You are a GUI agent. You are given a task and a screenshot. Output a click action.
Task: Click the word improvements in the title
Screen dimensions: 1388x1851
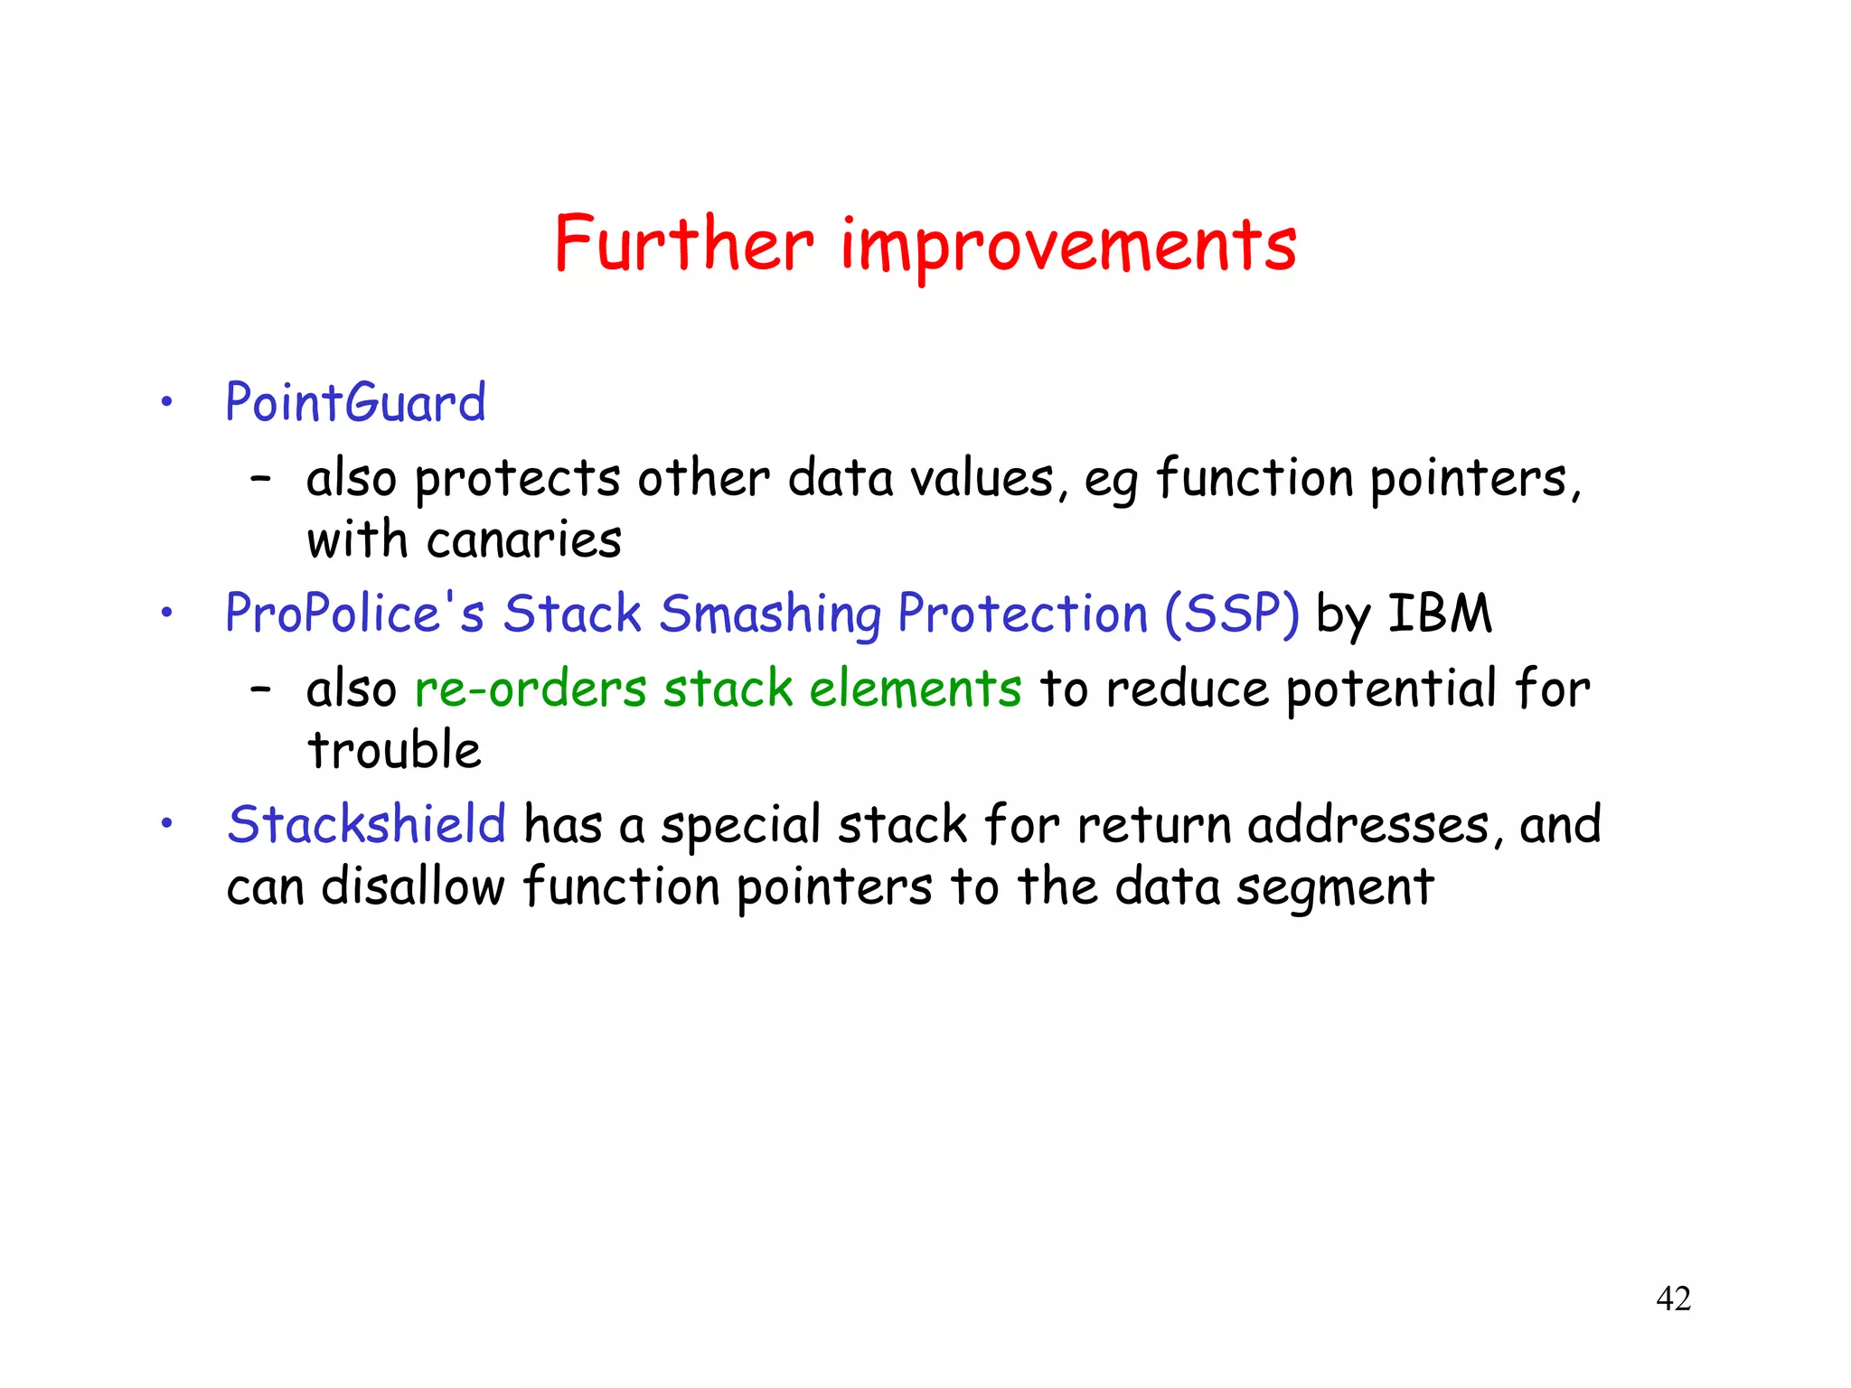coord(1068,246)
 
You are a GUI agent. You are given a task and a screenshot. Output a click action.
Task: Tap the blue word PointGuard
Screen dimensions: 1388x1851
coord(355,403)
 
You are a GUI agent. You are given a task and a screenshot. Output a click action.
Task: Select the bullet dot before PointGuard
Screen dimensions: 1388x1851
coord(166,403)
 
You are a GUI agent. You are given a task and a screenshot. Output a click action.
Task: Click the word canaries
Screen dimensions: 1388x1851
coord(524,540)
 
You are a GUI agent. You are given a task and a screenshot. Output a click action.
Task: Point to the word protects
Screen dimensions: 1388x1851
coord(517,479)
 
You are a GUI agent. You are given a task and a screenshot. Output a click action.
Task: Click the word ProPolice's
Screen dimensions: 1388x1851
coord(354,614)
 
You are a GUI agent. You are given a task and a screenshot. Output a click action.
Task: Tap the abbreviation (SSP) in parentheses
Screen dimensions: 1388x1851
coord(1232,614)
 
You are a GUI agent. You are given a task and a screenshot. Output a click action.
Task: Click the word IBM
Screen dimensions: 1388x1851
coord(1439,614)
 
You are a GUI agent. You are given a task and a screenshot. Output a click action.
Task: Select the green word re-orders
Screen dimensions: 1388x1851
coord(531,689)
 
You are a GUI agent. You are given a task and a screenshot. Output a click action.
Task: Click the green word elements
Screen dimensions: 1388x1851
coord(915,689)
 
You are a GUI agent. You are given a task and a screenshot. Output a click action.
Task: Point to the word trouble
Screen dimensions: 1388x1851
coord(394,750)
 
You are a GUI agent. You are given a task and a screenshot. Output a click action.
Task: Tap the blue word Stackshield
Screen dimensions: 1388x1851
coord(366,824)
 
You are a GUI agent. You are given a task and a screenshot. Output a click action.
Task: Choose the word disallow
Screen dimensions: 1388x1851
coord(412,886)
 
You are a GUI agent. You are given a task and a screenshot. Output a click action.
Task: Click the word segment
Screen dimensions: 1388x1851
coord(1335,888)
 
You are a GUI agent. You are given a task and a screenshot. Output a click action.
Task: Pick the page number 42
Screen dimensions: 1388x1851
coord(1673,1299)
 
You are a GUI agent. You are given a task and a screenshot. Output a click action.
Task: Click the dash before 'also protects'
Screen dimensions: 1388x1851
coord(260,480)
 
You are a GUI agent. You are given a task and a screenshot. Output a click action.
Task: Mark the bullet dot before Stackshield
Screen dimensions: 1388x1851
coord(166,823)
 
